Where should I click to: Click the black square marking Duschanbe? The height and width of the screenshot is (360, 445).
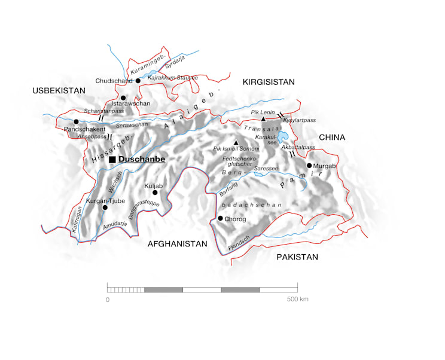coord(112,159)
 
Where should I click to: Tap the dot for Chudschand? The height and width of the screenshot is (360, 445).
coord(138,81)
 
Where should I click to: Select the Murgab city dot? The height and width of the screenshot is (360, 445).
coord(309,166)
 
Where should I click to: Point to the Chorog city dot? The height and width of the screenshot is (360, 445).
coord(220,218)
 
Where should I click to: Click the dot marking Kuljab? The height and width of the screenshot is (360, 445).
coord(154,193)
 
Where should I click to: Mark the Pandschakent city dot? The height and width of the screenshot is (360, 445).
coord(76,121)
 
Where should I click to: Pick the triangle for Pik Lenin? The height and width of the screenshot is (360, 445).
coord(264,119)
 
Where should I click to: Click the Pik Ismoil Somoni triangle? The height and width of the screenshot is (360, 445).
coord(236,142)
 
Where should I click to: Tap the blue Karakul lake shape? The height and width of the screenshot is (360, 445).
coord(282,138)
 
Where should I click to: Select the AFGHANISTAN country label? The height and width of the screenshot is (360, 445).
coord(177,243)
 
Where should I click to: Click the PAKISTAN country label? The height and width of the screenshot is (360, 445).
coord(297,257)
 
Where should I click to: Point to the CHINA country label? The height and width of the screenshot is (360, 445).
coord(332,138)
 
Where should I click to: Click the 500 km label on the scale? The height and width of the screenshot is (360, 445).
coord(297,298)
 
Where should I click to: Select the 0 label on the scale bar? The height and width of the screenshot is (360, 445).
coord(108,298)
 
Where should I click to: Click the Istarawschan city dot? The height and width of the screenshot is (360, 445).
coord(123,97)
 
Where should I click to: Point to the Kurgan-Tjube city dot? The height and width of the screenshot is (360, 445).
coord(105,207)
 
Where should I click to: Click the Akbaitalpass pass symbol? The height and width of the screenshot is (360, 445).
coord(292,154)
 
